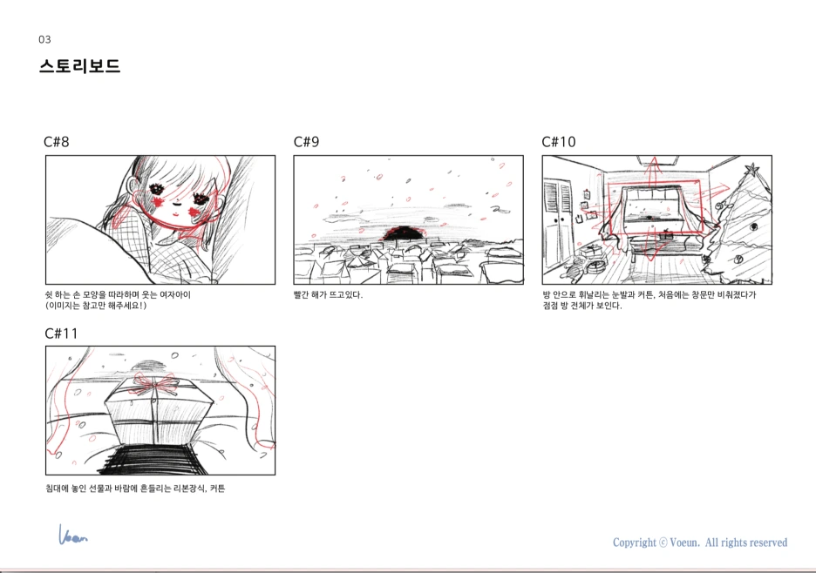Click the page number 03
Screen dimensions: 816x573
tap(44, 39)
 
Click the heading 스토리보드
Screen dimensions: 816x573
tap(79, 66)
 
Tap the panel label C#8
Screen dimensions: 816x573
tap(56, 141)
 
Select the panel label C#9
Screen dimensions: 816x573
tap(307, 141)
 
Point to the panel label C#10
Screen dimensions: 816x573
tap(559, 141)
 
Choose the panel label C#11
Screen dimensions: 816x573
tap(61, 334)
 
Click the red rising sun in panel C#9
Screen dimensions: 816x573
tap(401, 234)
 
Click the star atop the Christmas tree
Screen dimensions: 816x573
tap(752, 170)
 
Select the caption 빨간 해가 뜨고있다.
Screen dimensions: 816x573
tap(328, 295)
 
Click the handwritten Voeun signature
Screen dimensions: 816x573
tap(72, 535)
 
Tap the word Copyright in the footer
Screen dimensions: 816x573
tap(635, 543)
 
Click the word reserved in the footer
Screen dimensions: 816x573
tap(767, 543)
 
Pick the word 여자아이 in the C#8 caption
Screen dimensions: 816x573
tap(175, 295)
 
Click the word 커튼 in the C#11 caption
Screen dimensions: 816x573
tap(218, 489)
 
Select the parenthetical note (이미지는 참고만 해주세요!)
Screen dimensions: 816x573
tap(96, 305)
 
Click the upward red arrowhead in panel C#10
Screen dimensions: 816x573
tap(654, 162)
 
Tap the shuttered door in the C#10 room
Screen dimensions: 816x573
tap(558, 224)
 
